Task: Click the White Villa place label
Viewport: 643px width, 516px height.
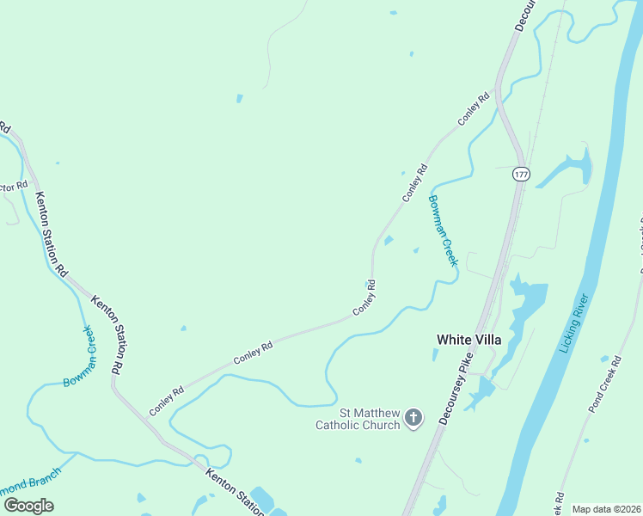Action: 468,340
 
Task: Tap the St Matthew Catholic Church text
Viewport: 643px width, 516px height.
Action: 358,419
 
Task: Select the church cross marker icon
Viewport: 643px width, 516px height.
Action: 413,419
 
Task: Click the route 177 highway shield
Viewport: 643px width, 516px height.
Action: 521,174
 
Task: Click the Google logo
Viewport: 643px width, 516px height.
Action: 28,505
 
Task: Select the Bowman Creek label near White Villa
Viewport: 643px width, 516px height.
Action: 443,230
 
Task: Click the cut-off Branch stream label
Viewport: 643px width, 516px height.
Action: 31,481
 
